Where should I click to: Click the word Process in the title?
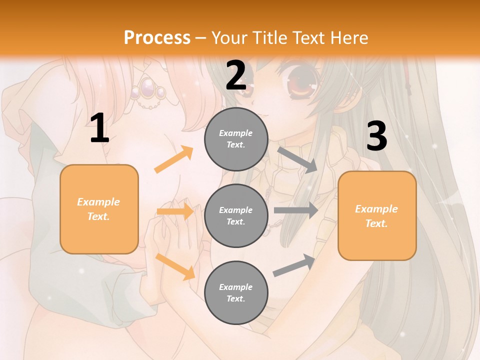click(157, 38)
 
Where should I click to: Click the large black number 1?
click(99, 128)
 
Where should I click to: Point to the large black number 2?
click(236, 76)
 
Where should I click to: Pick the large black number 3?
click(376, 136)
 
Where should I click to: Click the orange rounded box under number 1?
click(99, 209)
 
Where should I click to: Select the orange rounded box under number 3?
click(377, 215)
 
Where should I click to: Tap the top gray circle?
click(236, 139)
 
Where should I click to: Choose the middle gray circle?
click(236, 215)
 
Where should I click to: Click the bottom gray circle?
click(236, 292)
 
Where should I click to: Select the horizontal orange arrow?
click(175, 211)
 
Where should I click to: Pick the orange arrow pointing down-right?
click(175, 266)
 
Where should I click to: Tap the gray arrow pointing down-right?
click(297, 159)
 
